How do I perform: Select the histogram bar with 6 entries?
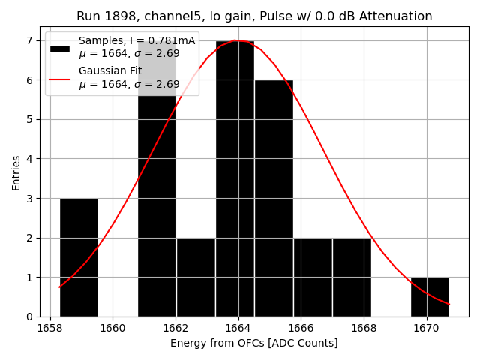point(274,198)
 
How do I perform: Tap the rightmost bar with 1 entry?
point(430,297)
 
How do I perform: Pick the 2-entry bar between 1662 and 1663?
point(196,277)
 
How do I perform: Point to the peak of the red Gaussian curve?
point(235,40)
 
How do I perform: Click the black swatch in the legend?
point(60,49)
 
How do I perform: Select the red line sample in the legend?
point(60,79)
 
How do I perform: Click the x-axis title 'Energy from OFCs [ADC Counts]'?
point(254,343)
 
